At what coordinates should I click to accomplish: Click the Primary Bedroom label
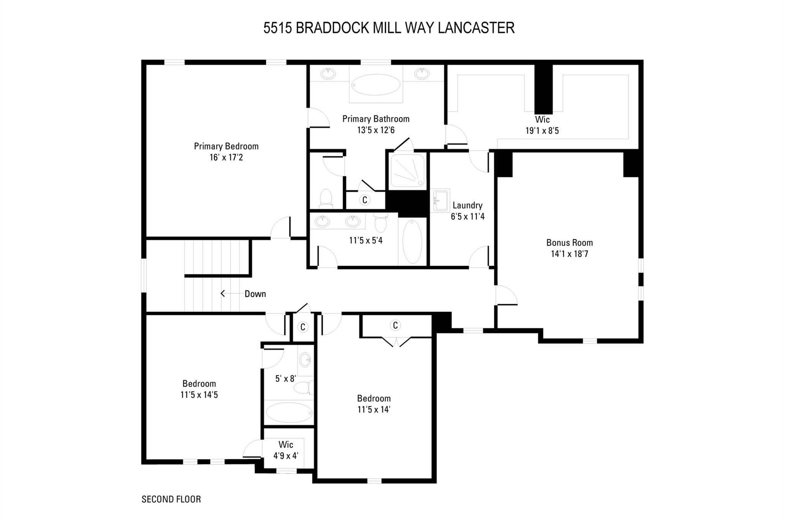pyautogui.click(x=226, y=146)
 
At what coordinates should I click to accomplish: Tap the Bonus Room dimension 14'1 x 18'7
pyautogui.click(x=569, y=254)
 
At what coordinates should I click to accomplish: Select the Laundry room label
pyautogui.click(x=467, y=205)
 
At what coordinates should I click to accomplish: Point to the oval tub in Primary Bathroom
pyautogui.click(x=376, y=85)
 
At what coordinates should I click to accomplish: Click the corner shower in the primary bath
pyautogui.click(x=407, y=171)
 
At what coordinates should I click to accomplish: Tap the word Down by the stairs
pyautogui.click(x=255, y=294)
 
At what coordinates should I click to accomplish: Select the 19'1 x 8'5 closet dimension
pyautogui.click(x=542, y=131)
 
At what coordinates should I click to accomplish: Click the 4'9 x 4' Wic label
pyautogui.click(x=286, y=456)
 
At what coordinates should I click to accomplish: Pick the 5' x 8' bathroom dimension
pyautogui.click(x=286, y=379)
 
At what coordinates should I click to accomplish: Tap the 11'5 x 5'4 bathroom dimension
pyautogui.click(x=366, y=241)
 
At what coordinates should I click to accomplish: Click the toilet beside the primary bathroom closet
pyautogui.click(x=326, y=198)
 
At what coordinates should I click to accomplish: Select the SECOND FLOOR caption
pyautogui.click(x=171, y=499)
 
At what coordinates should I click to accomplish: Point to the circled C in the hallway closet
pyautogui.click(x=303, y=327)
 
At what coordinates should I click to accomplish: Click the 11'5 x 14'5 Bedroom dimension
pyautogui.click(x=199, y=395)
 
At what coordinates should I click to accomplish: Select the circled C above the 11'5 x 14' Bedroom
pyautogui.click(x=395, y=325)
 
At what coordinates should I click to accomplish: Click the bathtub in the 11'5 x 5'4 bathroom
pyautogui.click(x=412, y=241)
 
